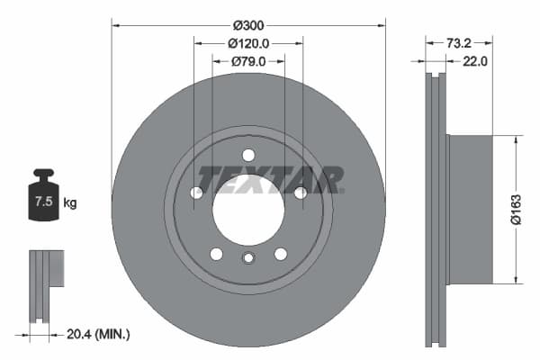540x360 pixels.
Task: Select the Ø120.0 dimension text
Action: coord(248,43)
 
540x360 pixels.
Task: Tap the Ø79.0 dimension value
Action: coord(248,61)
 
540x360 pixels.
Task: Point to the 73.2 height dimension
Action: coord(460,42)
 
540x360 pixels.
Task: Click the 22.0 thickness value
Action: coord(474,61)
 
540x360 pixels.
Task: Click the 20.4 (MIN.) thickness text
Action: coord(99,334)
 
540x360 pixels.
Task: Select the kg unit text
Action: coord(70,203)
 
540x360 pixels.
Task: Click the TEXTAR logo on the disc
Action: coord(270,180)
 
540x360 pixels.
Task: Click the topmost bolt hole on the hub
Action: coord(248,155)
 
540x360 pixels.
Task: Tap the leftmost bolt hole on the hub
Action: coord(196,193)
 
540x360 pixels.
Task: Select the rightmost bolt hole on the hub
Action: coord(300,192)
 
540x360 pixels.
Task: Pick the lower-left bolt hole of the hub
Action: coord(216,254)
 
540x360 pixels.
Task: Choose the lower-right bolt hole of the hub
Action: coord(280,254)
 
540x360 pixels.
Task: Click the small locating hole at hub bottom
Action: coord(248,260)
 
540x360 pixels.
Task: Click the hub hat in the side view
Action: coord(470,209)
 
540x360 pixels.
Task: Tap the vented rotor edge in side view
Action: coord(437,209)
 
